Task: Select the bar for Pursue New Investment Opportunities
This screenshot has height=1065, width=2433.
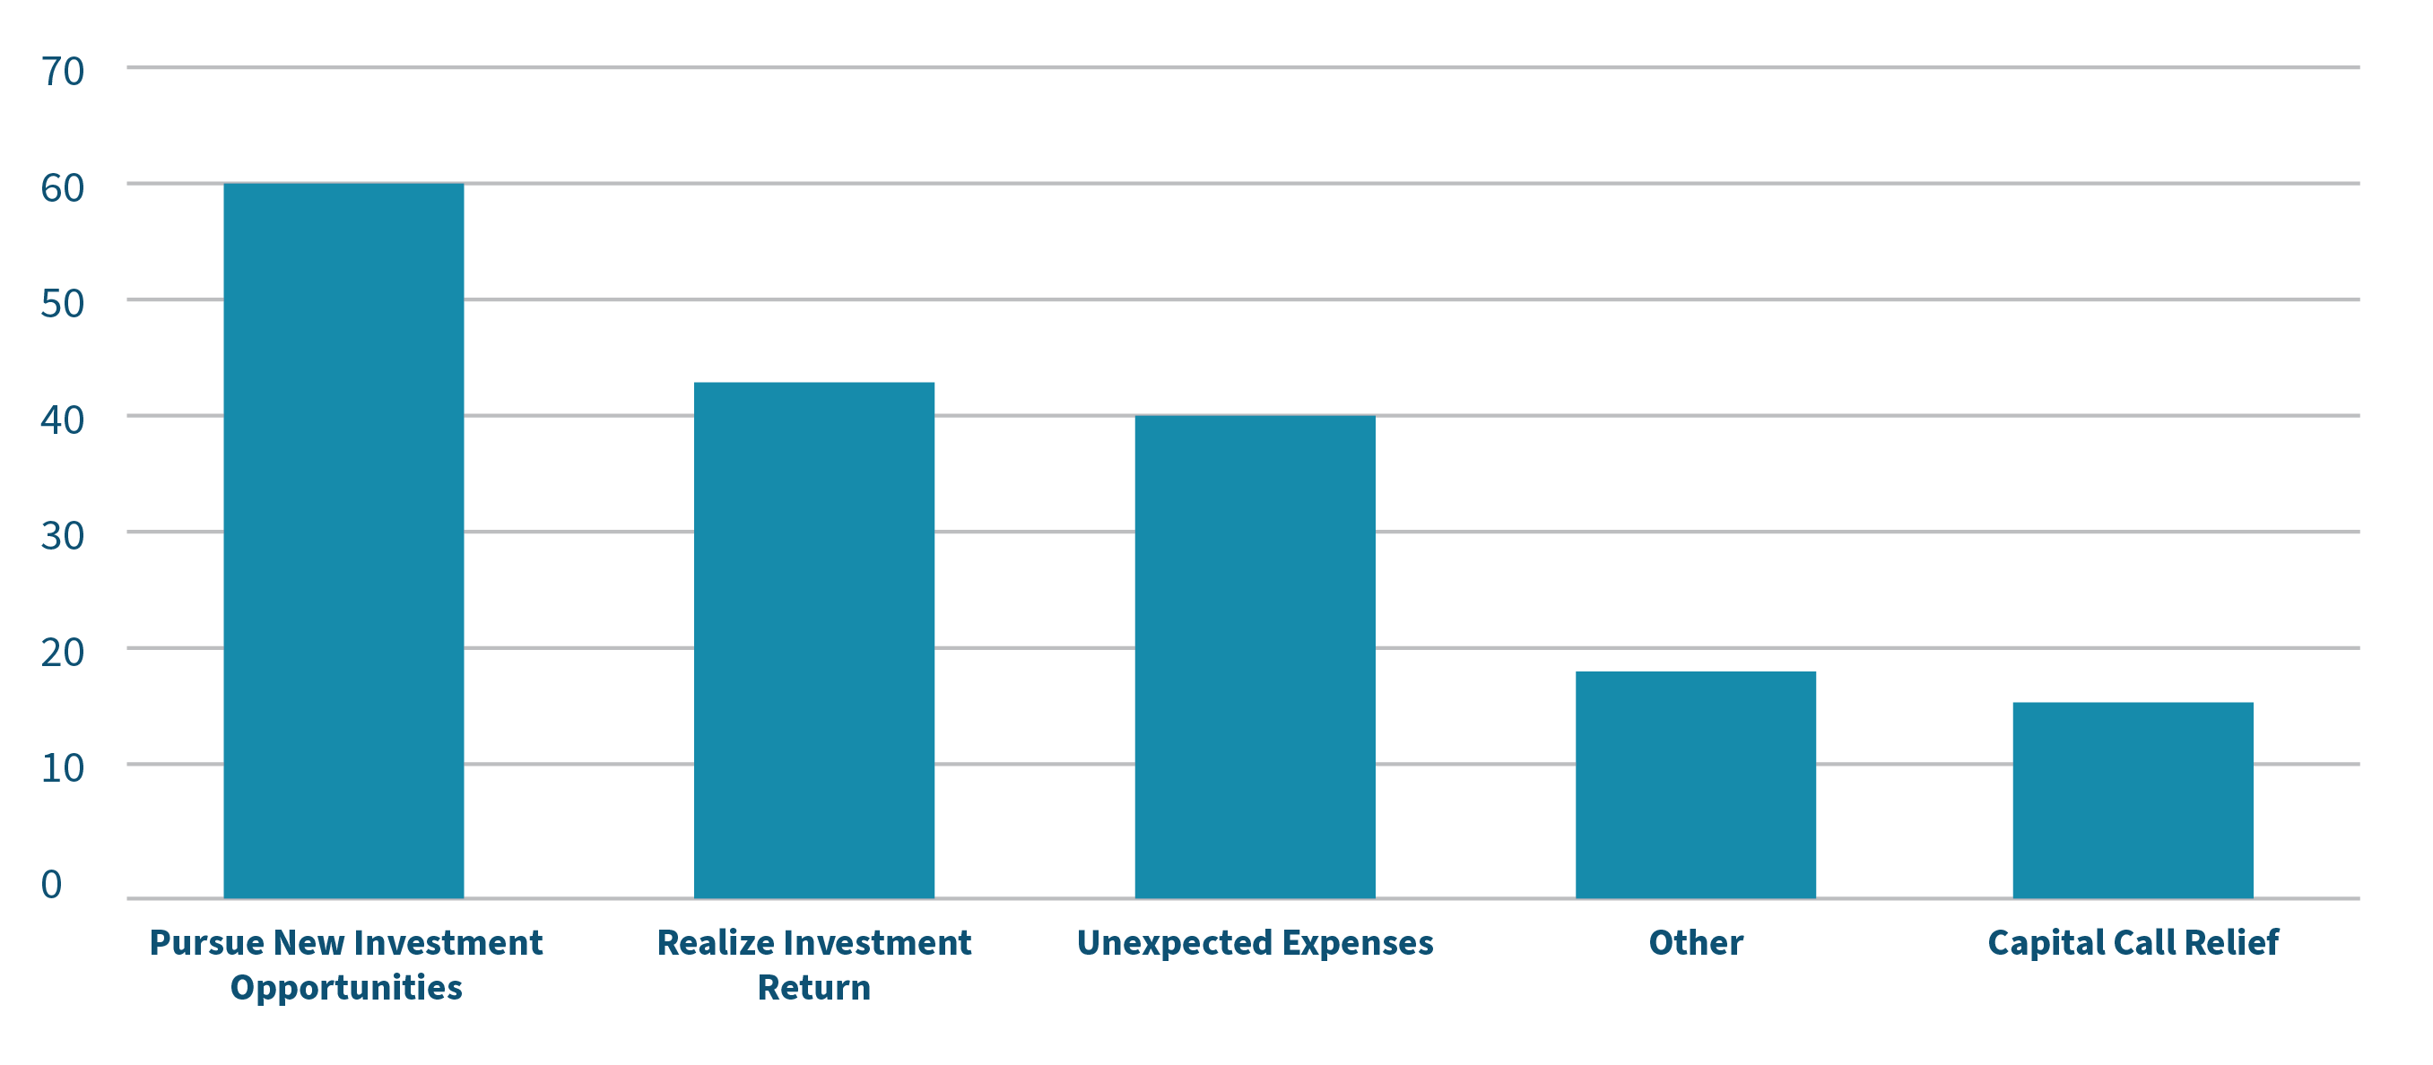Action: click(x=343, y=540)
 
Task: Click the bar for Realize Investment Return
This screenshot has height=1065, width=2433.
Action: click(x=814, y=640)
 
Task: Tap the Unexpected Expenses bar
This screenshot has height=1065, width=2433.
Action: click(x=1256, y=656)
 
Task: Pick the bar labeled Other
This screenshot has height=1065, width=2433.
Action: click(x=1695, y=784)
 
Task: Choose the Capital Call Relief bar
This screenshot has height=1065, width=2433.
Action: click(x=2133, y=800)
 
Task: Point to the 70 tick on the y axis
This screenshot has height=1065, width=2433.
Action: click(x=63, y=72)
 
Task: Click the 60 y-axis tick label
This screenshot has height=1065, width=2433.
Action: click(x=63, y=188)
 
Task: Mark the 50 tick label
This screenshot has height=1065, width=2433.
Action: click(x=63, y=304)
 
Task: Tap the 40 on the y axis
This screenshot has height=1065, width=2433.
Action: click(x=63, y=420)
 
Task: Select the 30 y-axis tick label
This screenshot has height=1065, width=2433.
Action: click(x=63, y=536)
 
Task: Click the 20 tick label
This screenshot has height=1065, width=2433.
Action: click(x=63, y=653)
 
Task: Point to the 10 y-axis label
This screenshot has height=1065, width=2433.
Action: click(x=63, y=768)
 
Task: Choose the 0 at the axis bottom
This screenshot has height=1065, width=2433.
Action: click(x=51, y=885)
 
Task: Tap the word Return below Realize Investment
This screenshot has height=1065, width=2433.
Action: click(x=814, y=988)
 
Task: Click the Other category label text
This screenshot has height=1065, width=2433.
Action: click(x=1695, y=943)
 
